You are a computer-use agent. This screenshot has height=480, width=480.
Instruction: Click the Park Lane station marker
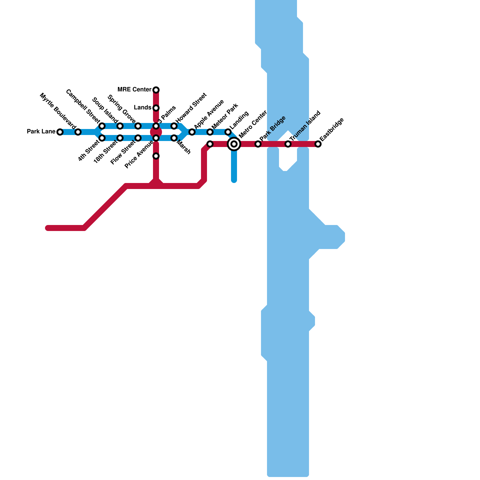pos(60,132)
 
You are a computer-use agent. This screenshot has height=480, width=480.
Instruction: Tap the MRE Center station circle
pos(156,90)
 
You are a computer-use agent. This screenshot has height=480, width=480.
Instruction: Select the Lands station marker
pos(156,108)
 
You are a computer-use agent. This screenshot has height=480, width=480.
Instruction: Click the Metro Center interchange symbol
pos(234,144)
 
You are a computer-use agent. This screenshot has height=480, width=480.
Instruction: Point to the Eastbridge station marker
pos(318,144)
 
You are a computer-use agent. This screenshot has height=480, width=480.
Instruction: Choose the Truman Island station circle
pos(288,144)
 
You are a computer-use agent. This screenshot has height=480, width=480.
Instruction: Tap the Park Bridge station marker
pos(258,144)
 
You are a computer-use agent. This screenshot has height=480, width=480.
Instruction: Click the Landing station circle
pos(228,132)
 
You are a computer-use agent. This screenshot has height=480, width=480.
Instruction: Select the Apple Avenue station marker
pos(192,132)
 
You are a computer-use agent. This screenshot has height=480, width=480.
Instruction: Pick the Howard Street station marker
pos(174,126)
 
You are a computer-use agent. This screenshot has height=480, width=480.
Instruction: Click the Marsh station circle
pos(174,138)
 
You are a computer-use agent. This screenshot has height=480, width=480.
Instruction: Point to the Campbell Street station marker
pos(102,126)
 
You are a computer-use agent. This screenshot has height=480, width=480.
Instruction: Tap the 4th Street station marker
pos(102,138)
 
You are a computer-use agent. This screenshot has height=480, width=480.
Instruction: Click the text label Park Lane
pos(41,132)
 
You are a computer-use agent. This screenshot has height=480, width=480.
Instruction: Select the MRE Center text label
pos(134,90)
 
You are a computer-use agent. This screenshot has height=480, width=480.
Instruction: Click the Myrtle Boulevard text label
pos(57,111)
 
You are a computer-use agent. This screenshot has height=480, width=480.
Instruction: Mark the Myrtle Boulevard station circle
pos(78,132)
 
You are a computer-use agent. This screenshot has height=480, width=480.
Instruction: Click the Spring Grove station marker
pos(138,126)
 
